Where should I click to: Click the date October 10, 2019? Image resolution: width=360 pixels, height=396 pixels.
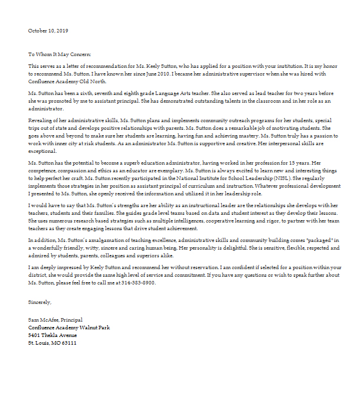point(48,30)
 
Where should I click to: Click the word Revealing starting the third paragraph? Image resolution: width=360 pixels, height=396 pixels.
point(41,120)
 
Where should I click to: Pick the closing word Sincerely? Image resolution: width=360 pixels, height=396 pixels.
point(40,302)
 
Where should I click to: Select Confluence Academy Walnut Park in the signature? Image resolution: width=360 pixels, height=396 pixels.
point(68,328)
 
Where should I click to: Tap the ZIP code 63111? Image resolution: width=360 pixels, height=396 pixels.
point(68,343)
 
